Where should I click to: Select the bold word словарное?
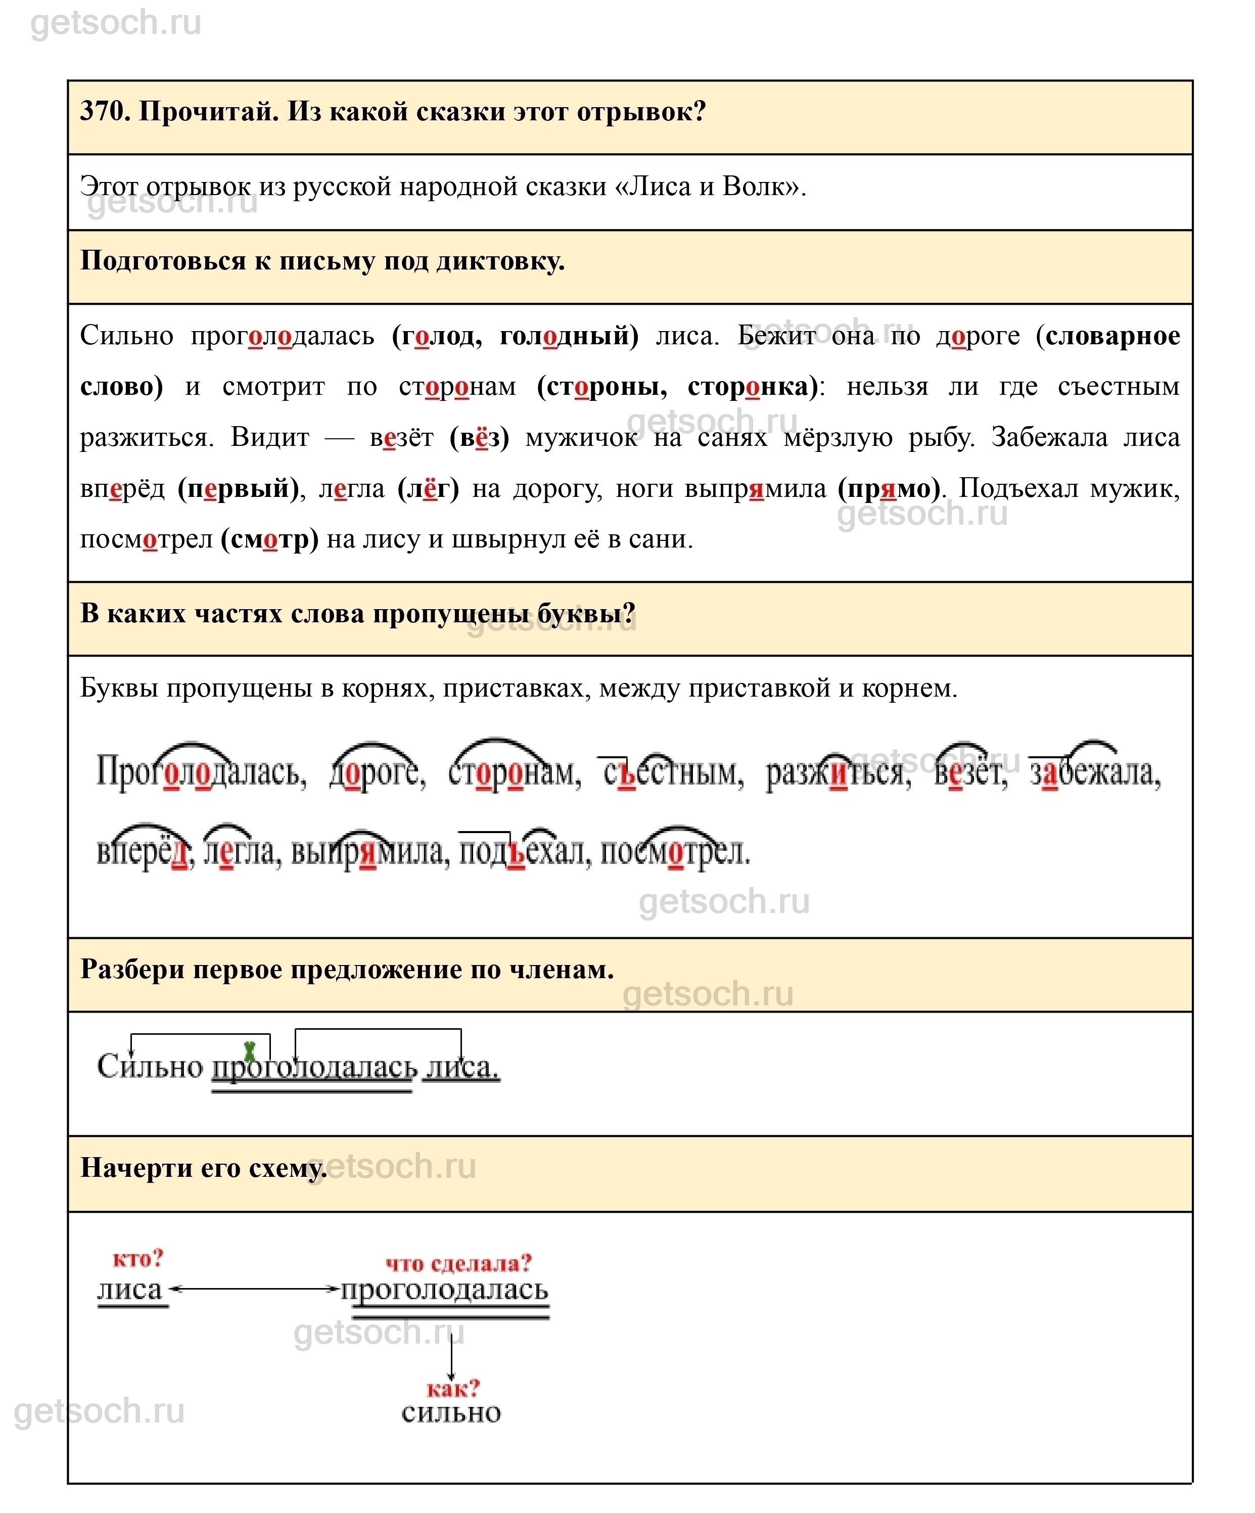point(1113,336)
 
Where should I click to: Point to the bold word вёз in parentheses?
point(479,437)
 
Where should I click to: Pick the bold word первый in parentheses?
point(238,488)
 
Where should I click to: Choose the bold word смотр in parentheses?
point(269,539)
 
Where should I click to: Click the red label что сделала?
point(458,1263)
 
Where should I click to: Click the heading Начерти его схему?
point(203,1168)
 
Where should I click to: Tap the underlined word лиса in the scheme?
point(131,1289)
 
